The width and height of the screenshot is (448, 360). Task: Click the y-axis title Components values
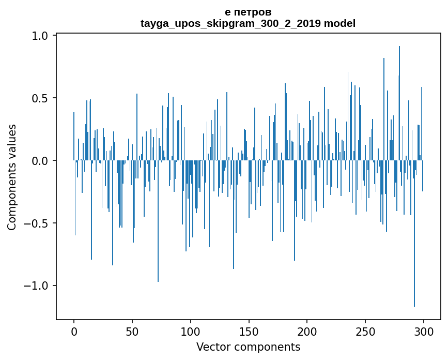point(12,177)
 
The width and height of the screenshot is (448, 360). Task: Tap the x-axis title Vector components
point(248,347)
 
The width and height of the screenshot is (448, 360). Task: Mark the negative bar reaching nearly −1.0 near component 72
point(158,233)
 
